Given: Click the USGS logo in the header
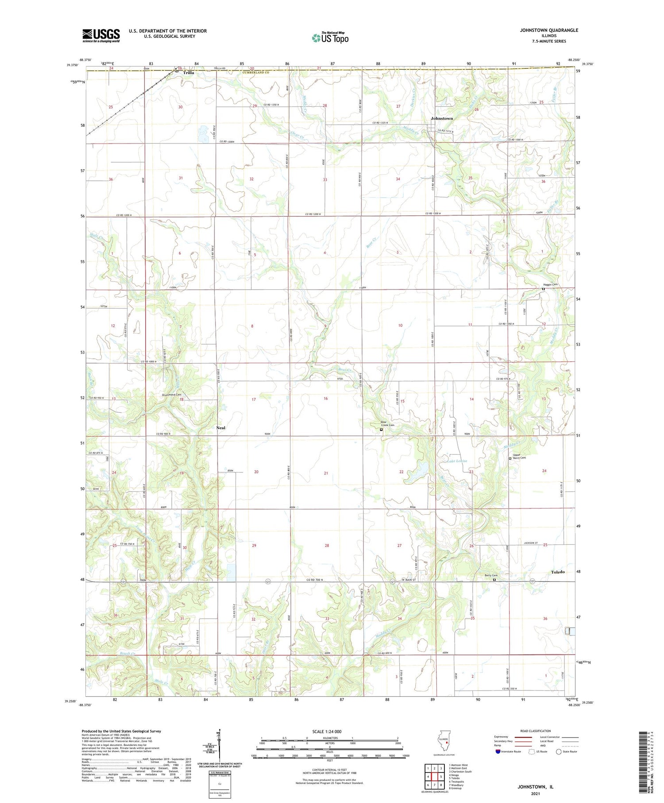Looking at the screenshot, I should click(x=101, y=35).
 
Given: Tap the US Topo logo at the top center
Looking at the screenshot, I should click(x=330, y=38).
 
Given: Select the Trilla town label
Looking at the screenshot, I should click(x=189, y=73).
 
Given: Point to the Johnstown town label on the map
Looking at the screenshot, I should click(x=442, y=119).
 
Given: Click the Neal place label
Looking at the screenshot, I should click(x=221, y=428).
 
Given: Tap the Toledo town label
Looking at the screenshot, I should click(x=558, y=572).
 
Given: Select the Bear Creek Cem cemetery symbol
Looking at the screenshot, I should click(x=382, y=429).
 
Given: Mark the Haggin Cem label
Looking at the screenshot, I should click(x=550, y=285).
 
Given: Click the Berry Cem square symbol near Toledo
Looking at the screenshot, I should click(x=494, y=579).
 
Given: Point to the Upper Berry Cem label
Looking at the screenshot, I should click(x=519, y=456).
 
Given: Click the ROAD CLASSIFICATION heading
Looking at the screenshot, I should click(x=536, y=731).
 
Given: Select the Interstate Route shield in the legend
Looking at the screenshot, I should click(x=498, y=752).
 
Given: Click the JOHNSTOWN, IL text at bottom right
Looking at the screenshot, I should click(x=535, y=787).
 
